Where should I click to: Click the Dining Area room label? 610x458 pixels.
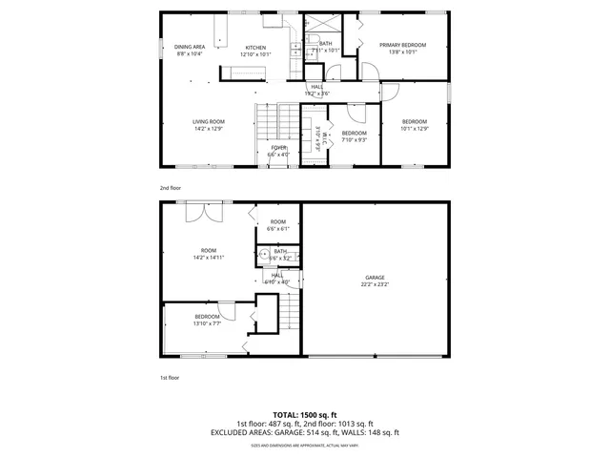pyautogui.click(x=190, y=47)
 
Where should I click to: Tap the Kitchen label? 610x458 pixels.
pyautogui.click(x=255, y=48)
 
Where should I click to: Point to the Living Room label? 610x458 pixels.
pyautogui.click(x=208, y=121)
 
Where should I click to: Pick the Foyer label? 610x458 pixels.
pyautogui.click(x=278, y=148)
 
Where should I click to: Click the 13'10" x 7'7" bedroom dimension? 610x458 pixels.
pyautogui.click(x=208, y=323)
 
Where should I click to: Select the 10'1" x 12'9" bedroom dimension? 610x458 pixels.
pyautogui.click(x=414, y=129)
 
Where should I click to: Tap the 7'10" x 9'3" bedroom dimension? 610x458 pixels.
pyautogui.click(x=355, y=140)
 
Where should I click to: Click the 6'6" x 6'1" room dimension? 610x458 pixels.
pyautogui.click(x=277, y=229)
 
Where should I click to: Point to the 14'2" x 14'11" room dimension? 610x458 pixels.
pyautogui.click(x=207, y=258)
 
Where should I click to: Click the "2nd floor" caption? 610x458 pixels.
pyautogui.click(x=170, y=188)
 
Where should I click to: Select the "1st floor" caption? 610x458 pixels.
pyautogui.click(x=170, y=378)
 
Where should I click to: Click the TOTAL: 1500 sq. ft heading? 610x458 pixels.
pyautogui.click(x=305, y=415)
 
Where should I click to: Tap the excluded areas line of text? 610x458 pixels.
pyautogui.click(x=305, y=432)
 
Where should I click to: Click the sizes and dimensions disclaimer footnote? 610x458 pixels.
pyautogui.click(x=305, y=445)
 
